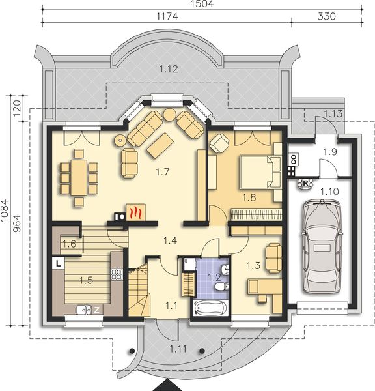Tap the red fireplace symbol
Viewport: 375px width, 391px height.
pyautogui.click(x=135, y=212)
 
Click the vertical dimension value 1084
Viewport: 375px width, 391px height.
pyautogui.click(x=6, y=211)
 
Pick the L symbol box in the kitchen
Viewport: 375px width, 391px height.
pyautogui.click(x=58, y=264)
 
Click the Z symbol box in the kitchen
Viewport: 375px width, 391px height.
pyautogui.click(x=96, y=310)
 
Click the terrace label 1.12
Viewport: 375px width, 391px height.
pyautogui.click(x=169, y=68)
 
